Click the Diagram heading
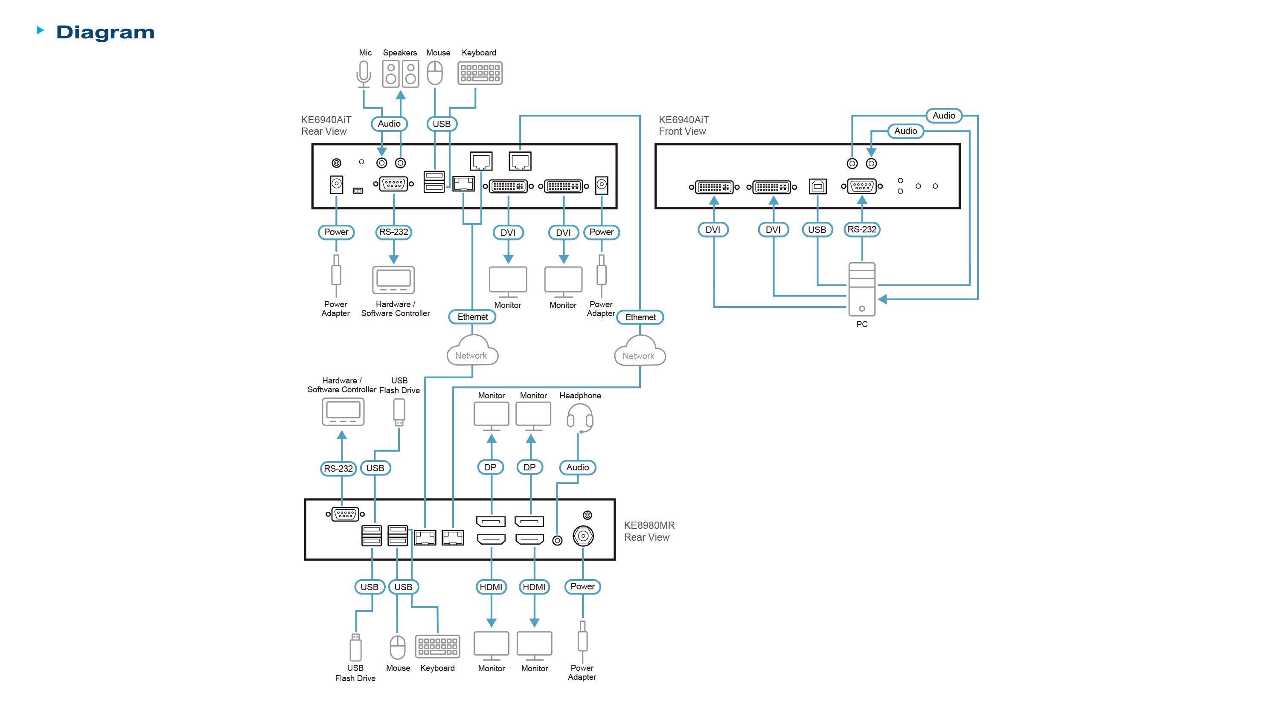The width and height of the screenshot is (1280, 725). click(105, 32)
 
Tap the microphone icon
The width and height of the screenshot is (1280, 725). click(364, 74)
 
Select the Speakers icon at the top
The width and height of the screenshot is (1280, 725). click(401, 74)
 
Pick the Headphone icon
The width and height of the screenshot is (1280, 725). click(580, 418)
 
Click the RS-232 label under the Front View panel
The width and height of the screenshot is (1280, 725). click(861, 229)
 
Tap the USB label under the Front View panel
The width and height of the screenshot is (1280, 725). click(817, 229)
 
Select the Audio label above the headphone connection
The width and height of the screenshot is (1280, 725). click(577, 467)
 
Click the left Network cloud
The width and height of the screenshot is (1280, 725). click(472, 351)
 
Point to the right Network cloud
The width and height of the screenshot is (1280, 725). click(640, 351)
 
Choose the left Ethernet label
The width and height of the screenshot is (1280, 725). click(472, 317)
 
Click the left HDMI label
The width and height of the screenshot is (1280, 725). click(491, 587)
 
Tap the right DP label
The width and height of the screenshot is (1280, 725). click(529, 467)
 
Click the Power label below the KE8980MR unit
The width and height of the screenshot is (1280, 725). click(583, 586)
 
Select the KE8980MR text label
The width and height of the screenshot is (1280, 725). click(649, 525)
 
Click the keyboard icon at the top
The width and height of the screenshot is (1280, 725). click(480, 73)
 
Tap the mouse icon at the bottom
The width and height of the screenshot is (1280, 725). click(398, 647)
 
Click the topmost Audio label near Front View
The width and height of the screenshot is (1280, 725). click(944, 116)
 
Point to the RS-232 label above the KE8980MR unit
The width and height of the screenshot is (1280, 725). click(338, 469)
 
